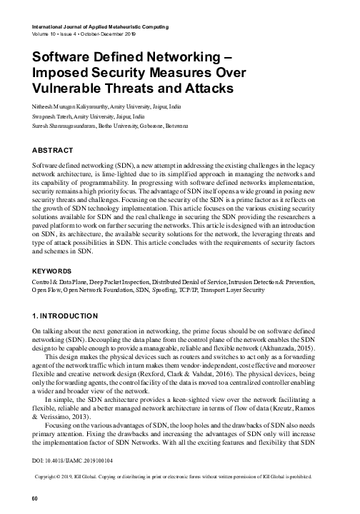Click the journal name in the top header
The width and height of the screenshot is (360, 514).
coord(101,26)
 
